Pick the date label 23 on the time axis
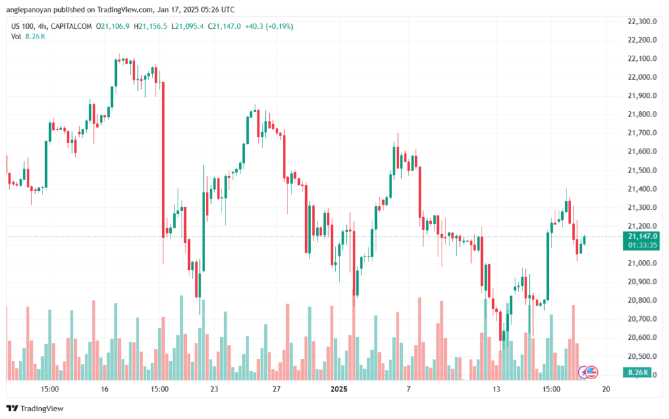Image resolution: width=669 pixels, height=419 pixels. pyautogui.click(x=214, y=389)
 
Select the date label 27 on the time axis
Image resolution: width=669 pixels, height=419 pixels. pyautogui.click(x=276, y=389)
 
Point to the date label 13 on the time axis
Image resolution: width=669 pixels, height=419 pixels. pyautogui.click(x=497, y=389)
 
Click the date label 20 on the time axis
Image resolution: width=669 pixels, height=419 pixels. pyautogui.click(x=606, y=389)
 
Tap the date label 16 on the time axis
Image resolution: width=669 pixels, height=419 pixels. pyautogui.click(x=104, y=389)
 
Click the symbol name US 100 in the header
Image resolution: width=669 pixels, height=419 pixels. pyautogui.click(x=24, y=26)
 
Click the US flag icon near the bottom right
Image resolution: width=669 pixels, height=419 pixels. pyautogui.click(x=591, y=372)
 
